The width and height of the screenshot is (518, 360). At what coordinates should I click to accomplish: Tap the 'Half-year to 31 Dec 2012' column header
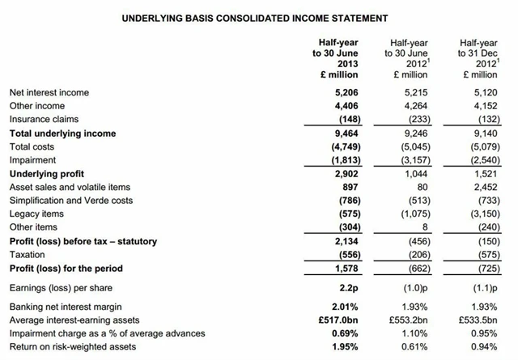coord(478,57)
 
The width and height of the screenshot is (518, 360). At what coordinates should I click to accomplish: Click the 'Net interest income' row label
coord(49,92)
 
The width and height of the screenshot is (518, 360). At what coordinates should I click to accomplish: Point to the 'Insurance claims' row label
coord(44,120)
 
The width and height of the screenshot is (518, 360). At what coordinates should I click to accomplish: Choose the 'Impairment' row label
coord(32,160)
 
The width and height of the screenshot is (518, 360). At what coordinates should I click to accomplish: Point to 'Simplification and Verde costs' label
coord(73,201)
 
